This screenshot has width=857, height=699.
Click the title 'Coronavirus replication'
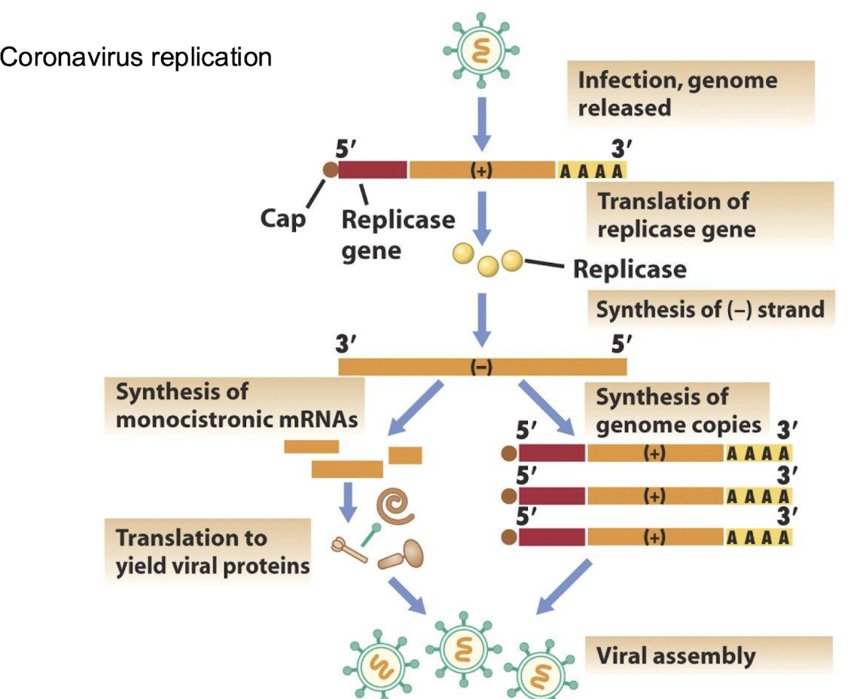coord(136,57)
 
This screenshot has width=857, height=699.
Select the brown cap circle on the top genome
coord(330,169)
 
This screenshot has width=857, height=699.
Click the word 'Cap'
coord(283,219)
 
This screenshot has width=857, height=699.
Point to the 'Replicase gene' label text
coord(398,234)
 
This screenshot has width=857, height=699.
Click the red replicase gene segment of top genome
coord(372,170)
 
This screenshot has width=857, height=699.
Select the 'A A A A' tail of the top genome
coord(591,171)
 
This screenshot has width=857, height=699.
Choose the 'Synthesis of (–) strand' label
coord(709,310)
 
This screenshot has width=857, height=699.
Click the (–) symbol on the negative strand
coord(480,367)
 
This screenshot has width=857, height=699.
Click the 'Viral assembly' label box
coord(711,655)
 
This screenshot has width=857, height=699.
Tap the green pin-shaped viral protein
coord(371,536)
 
